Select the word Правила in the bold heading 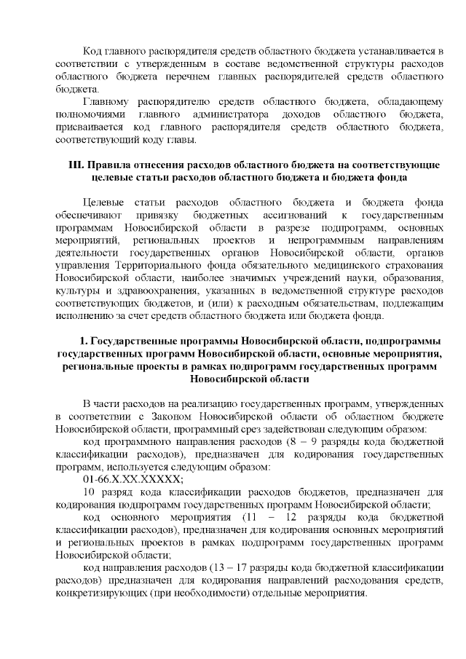pos(111,166)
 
